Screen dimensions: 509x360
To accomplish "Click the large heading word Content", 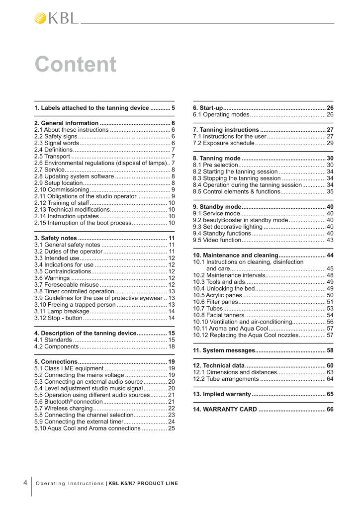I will [76, 65].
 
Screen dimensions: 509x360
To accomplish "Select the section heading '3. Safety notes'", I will [55, 238].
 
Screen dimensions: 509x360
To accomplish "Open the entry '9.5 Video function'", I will [217, 240].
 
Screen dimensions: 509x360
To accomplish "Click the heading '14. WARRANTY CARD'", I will [225, 409].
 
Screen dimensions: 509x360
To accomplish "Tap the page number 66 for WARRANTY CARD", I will [330, 409].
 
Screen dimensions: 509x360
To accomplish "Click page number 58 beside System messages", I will [330, 350].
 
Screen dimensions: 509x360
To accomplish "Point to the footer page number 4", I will [25, 483].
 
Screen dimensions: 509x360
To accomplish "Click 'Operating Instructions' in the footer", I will [70, 483].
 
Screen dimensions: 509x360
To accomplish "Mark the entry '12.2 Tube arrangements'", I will [226, 379].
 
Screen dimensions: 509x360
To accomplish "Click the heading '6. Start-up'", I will [208, 108].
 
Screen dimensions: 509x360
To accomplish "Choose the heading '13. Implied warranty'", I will [222, 394].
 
